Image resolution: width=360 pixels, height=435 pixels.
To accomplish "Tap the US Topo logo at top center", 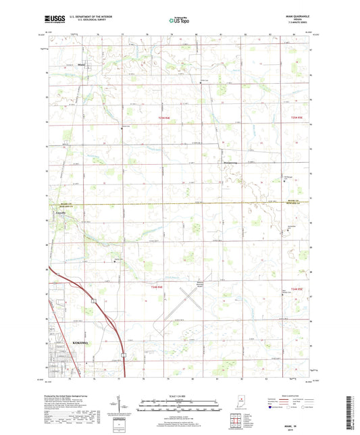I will [x=180, y=20].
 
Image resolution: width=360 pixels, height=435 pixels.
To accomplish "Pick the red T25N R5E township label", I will [x=289, y=117].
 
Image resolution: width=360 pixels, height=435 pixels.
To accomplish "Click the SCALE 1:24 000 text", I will [x=180, y=396].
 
